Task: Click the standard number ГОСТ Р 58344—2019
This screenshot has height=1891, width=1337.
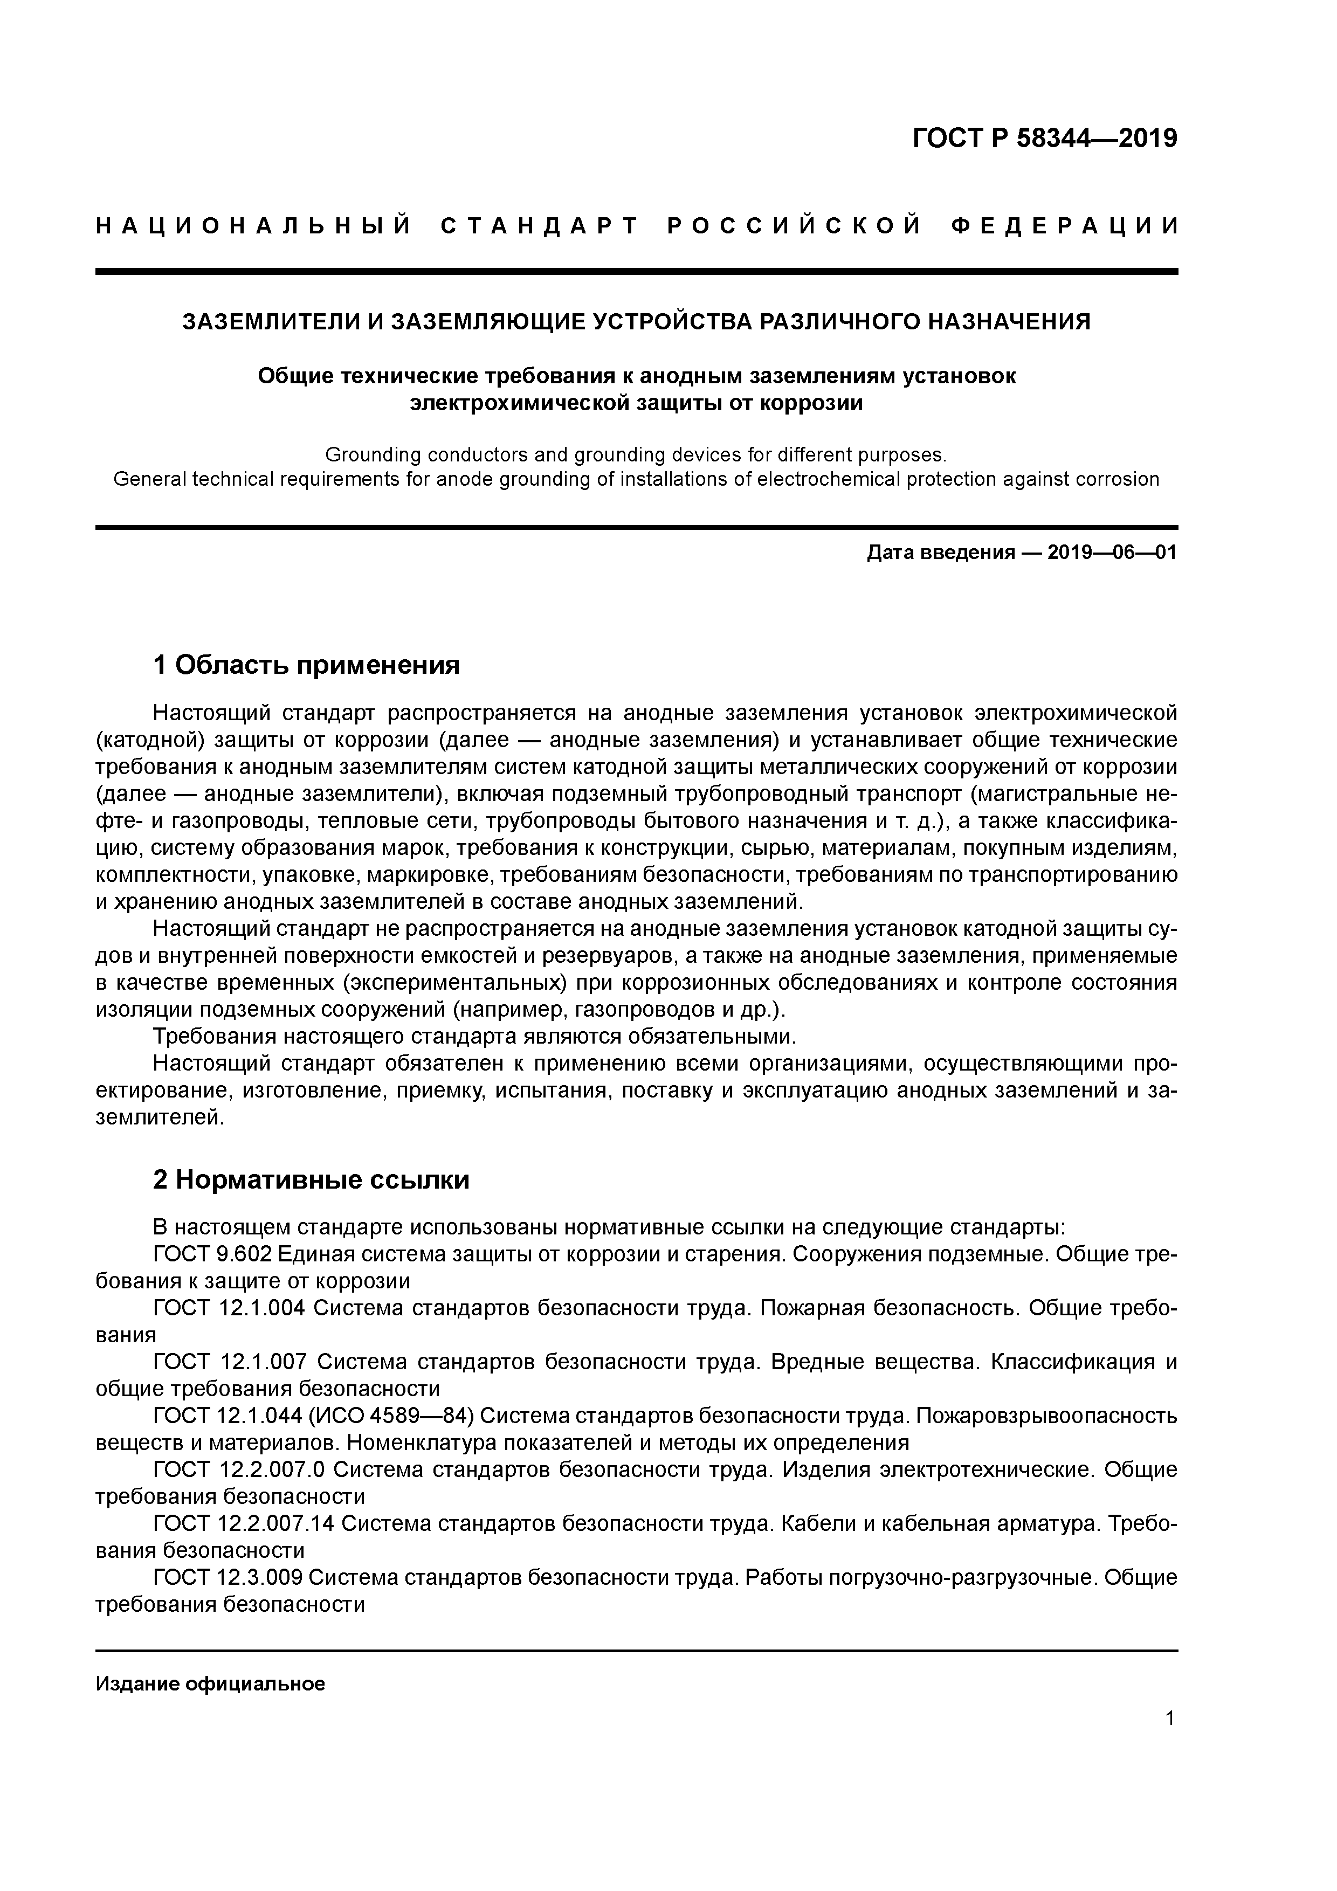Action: coord(1045,139)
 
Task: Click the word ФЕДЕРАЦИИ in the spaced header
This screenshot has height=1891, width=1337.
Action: coord(1064,226)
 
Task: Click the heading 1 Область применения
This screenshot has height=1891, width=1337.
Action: coord(306,665)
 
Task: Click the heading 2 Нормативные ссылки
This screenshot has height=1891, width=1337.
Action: coord(312,1179)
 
